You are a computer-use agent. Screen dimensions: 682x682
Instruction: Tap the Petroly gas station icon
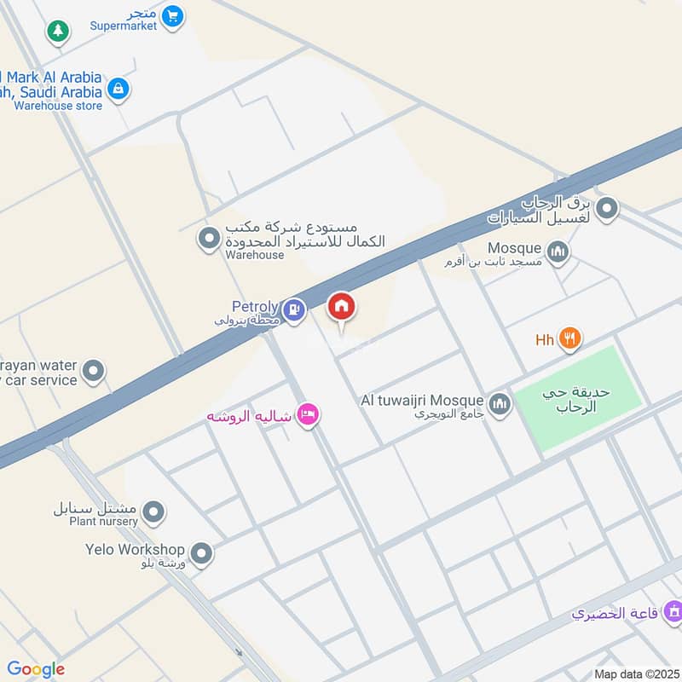pyautogui.click(x=294, y=309)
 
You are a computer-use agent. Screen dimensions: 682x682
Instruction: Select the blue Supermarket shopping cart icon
pyautogui.click(x=173, y=15)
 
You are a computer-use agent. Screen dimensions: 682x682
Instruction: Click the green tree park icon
pyautogui.click(x=57, y=32)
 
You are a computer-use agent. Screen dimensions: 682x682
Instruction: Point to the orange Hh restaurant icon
pyautogui.click(x=569, y=339)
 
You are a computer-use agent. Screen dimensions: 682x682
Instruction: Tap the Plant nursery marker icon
pyautogui.click(x=153, y=512)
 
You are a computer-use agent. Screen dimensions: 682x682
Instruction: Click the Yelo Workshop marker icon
pyautogui.click(x=201, y=554)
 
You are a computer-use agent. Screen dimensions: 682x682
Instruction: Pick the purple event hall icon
pyautogui.click(x=673, y=611)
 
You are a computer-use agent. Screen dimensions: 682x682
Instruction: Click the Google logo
pyautogui.click(x=36, y=669)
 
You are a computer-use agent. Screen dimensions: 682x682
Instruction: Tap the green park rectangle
pyautogui.click(x=579, y=396)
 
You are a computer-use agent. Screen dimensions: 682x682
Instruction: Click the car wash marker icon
pyautogui.click(x=607, y=207)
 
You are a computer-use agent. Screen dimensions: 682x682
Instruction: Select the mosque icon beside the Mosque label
pyautogui.click(x=558, y=251)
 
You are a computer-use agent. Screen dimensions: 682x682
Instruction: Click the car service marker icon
pyautogui.click(x=94, y=371)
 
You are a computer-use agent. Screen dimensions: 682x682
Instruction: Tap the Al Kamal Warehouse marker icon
pyautogui.click(x=208, y=239)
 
